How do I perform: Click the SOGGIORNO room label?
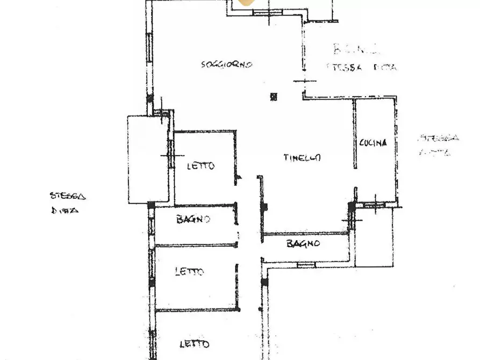(x=226, y=64)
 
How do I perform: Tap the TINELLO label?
(x=303, y=157)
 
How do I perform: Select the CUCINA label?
(x=373, y=143)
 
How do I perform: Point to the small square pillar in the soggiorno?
(x=274, y=97)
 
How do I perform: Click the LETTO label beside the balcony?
(x=200, y=166)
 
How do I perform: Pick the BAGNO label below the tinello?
(x=303, y=244)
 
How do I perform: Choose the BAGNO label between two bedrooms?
(x=193, y=219)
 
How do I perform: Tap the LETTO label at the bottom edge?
(x=194, y=344)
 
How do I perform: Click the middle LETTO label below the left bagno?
(x=189, y=272)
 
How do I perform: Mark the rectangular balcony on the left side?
(x=148, y=159)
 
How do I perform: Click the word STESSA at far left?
(x=67, y=196)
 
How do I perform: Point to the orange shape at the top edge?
(x=246, y=2)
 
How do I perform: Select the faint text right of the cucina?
(x=438, y=145)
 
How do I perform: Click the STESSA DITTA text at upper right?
(x=361, y=68)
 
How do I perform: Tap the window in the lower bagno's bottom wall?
(x=306, y=264)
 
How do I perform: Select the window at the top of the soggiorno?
(x=268, y=12)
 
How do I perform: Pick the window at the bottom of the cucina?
(x=374, y=204)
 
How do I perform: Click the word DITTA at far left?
(x=65, y=211)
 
